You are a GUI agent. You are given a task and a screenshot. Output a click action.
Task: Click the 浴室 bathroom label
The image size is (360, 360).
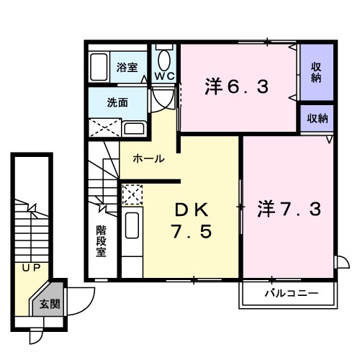pos(127,67)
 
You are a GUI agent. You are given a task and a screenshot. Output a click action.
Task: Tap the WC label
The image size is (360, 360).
pos(163,76)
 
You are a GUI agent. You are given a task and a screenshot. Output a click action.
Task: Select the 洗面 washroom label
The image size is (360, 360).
pos(119,103)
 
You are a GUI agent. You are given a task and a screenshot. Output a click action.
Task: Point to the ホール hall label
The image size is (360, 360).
pos(149,158)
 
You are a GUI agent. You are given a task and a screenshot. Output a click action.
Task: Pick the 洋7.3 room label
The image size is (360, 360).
pos(289,210)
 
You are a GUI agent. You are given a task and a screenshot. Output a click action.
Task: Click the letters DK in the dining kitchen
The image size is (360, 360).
pos(190,210)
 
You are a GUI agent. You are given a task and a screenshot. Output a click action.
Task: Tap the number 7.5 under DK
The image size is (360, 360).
pos(191,234)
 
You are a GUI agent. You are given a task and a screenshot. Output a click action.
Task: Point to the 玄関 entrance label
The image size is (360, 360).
pos(50,305)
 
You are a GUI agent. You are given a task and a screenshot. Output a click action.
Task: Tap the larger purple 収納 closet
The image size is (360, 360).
pos(316,73)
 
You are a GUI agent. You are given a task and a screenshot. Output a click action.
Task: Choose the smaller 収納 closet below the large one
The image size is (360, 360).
pos(317,118)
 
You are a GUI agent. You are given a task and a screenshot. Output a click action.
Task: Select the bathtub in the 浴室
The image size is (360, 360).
pos(100,66)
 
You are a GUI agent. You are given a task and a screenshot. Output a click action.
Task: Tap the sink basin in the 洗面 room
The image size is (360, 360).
pos(135,129)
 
